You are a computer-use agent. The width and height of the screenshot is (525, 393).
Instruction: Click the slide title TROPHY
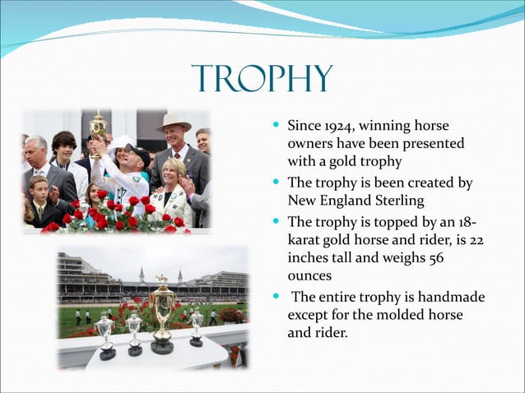[262, 80]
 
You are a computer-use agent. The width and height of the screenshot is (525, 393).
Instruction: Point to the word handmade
[453, 297]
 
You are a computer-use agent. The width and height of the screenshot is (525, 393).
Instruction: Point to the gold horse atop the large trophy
[162, 280]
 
